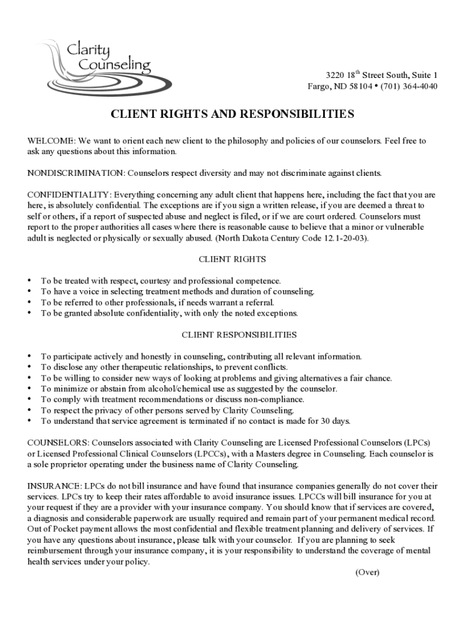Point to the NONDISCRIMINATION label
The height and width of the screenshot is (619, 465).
(x=75, y=173)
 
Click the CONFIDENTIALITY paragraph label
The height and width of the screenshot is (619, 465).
(x=69, y=195)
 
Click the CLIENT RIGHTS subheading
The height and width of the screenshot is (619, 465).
(x=232, y=259)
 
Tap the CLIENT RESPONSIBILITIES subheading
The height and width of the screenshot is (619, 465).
(x=239, y=334)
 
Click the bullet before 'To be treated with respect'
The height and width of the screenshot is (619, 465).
(x=30, y=281)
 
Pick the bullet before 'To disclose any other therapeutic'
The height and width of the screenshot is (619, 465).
(x=30, y=368)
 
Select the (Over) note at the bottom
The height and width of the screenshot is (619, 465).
(x=367, y=572)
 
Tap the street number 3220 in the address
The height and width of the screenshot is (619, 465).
(x=335, y=76)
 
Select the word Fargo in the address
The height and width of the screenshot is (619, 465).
(x=319, y=86)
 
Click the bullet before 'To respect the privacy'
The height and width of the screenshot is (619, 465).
(x=30, y=410)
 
